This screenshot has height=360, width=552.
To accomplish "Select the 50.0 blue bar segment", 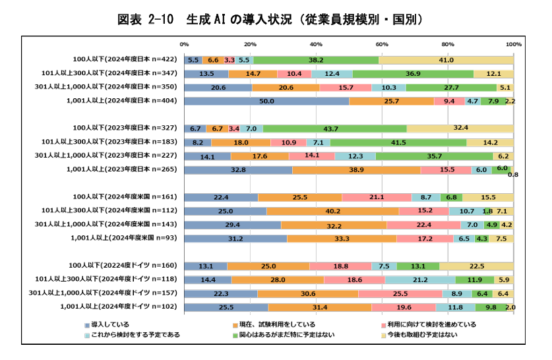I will click(266, 101).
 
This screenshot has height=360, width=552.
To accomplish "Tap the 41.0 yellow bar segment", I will click(446, 60).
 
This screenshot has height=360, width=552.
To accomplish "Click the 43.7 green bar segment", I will click(334, 128).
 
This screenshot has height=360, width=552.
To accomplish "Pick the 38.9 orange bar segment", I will click(357, 169).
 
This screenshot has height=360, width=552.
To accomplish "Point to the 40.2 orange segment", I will click(332, 211).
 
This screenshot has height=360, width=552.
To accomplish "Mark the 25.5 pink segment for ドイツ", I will click(400, 293).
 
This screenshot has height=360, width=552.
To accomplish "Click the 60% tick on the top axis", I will click(382, 44).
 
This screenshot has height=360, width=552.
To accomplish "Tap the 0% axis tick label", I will click(185, 44).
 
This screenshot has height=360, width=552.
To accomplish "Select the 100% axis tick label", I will click(513, 44).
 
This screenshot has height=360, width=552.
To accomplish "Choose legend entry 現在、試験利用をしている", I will click(273, 324).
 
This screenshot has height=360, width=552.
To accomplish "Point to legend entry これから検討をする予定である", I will click(132, 335).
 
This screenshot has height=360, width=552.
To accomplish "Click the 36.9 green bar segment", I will click(413, 74).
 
